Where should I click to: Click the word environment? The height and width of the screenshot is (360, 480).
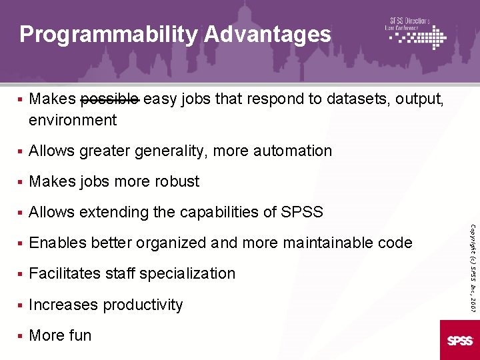[x=73, y=120]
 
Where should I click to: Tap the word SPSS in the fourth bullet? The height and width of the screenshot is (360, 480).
[x=301, y=212]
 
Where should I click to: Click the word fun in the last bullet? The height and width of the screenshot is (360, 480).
[x=80, y=335]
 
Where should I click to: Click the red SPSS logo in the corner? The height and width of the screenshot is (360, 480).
[x=460, y=340]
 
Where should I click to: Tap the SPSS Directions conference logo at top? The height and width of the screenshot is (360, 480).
[x=416, y=33]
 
